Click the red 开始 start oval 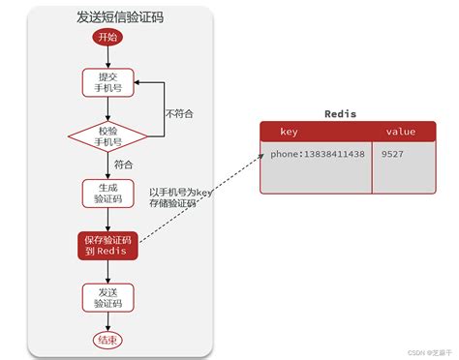tap(107, 37)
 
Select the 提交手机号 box tap(107, 83)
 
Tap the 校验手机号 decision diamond tap(107, 136)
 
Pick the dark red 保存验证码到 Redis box tap(107, 245)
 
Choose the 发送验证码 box tap(107, 296)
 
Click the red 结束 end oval tap(107, 340)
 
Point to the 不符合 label tap(179, 113)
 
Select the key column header tap(289, 131)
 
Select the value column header tap(400, 131)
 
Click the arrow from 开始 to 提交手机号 tap(107, 56)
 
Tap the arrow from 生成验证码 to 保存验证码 tap(107, 220)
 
